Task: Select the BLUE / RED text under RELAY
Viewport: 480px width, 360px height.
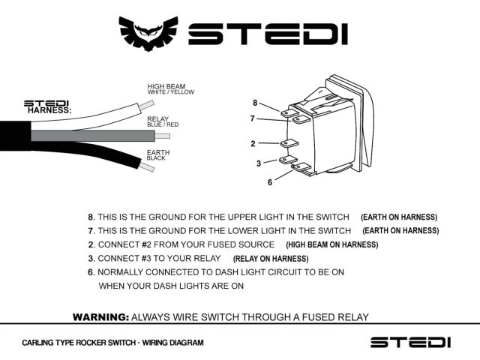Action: (x=163, y=124)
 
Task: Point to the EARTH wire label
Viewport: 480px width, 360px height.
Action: (x=158, y=152)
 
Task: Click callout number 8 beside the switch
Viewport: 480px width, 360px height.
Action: (x=254, y=103)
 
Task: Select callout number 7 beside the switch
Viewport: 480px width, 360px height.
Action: (x=253, y=118)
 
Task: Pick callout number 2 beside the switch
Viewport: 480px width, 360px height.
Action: (x=253, y=143)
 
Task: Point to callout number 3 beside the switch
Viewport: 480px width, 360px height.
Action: (x=258, y=163)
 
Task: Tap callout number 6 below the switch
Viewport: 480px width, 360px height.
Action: (x=269, y=182)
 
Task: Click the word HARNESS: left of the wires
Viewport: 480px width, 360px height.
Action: (x=49, y=110)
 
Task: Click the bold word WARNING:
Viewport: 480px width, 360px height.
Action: (x=100, y=317)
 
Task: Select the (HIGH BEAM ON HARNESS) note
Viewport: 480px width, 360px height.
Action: (x=331, y=244)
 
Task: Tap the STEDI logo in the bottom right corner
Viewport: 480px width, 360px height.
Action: (x=410, y=342)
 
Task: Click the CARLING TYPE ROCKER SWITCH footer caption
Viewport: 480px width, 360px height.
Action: (x=112, y=343)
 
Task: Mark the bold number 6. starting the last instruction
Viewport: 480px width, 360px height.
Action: (x=91, y=271)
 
